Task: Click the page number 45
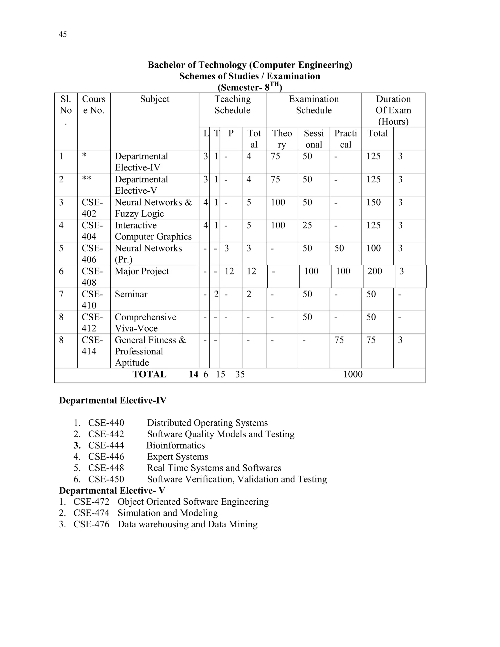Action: tap(63, 34)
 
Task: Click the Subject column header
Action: tap(154, 99)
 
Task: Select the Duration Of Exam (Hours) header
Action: tap(393, 110)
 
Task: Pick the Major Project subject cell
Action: tap(142, 271)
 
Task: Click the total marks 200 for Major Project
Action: tap(375, 271)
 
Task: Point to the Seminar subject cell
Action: tap(131, 294)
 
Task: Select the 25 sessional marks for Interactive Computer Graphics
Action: tap(307, 225)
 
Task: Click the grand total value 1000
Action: tap(353, 375)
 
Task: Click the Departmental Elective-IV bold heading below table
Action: tap(113, 400)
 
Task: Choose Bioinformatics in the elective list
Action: tap(176, 446)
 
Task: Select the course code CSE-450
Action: tap(106, 479)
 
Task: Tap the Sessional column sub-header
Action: tap(313, 139)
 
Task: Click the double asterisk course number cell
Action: tap(86, 179)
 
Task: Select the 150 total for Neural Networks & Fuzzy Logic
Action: tap(373, 202)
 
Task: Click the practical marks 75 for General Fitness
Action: tap(339, 340)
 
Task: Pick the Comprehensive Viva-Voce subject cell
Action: tap(145, 323)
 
